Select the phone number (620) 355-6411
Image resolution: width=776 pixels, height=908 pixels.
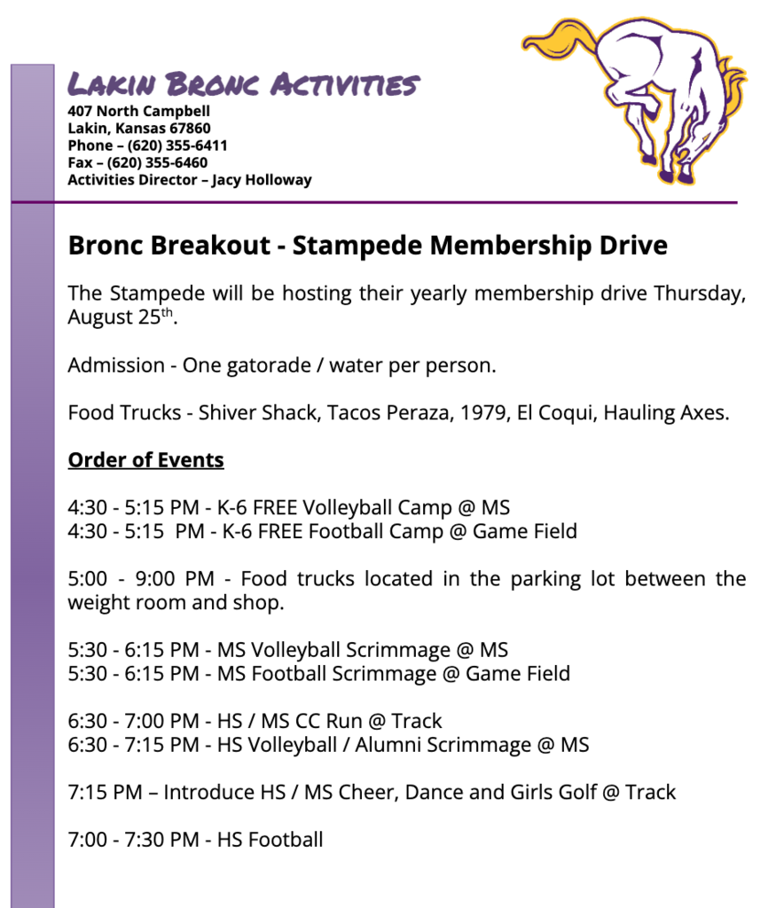[177, 145]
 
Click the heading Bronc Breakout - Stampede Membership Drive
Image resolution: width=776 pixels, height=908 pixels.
[367, 246]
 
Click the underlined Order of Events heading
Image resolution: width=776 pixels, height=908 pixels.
[145, 460]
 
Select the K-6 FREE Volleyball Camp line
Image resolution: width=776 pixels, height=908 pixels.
[289, 508]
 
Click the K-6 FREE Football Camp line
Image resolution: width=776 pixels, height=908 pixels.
[323, 532]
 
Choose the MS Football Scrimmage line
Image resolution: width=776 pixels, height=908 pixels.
[319, 674]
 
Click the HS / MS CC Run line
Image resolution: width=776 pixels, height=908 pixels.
[255, 721]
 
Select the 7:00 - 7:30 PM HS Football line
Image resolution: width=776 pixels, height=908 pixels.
[195, 839]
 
